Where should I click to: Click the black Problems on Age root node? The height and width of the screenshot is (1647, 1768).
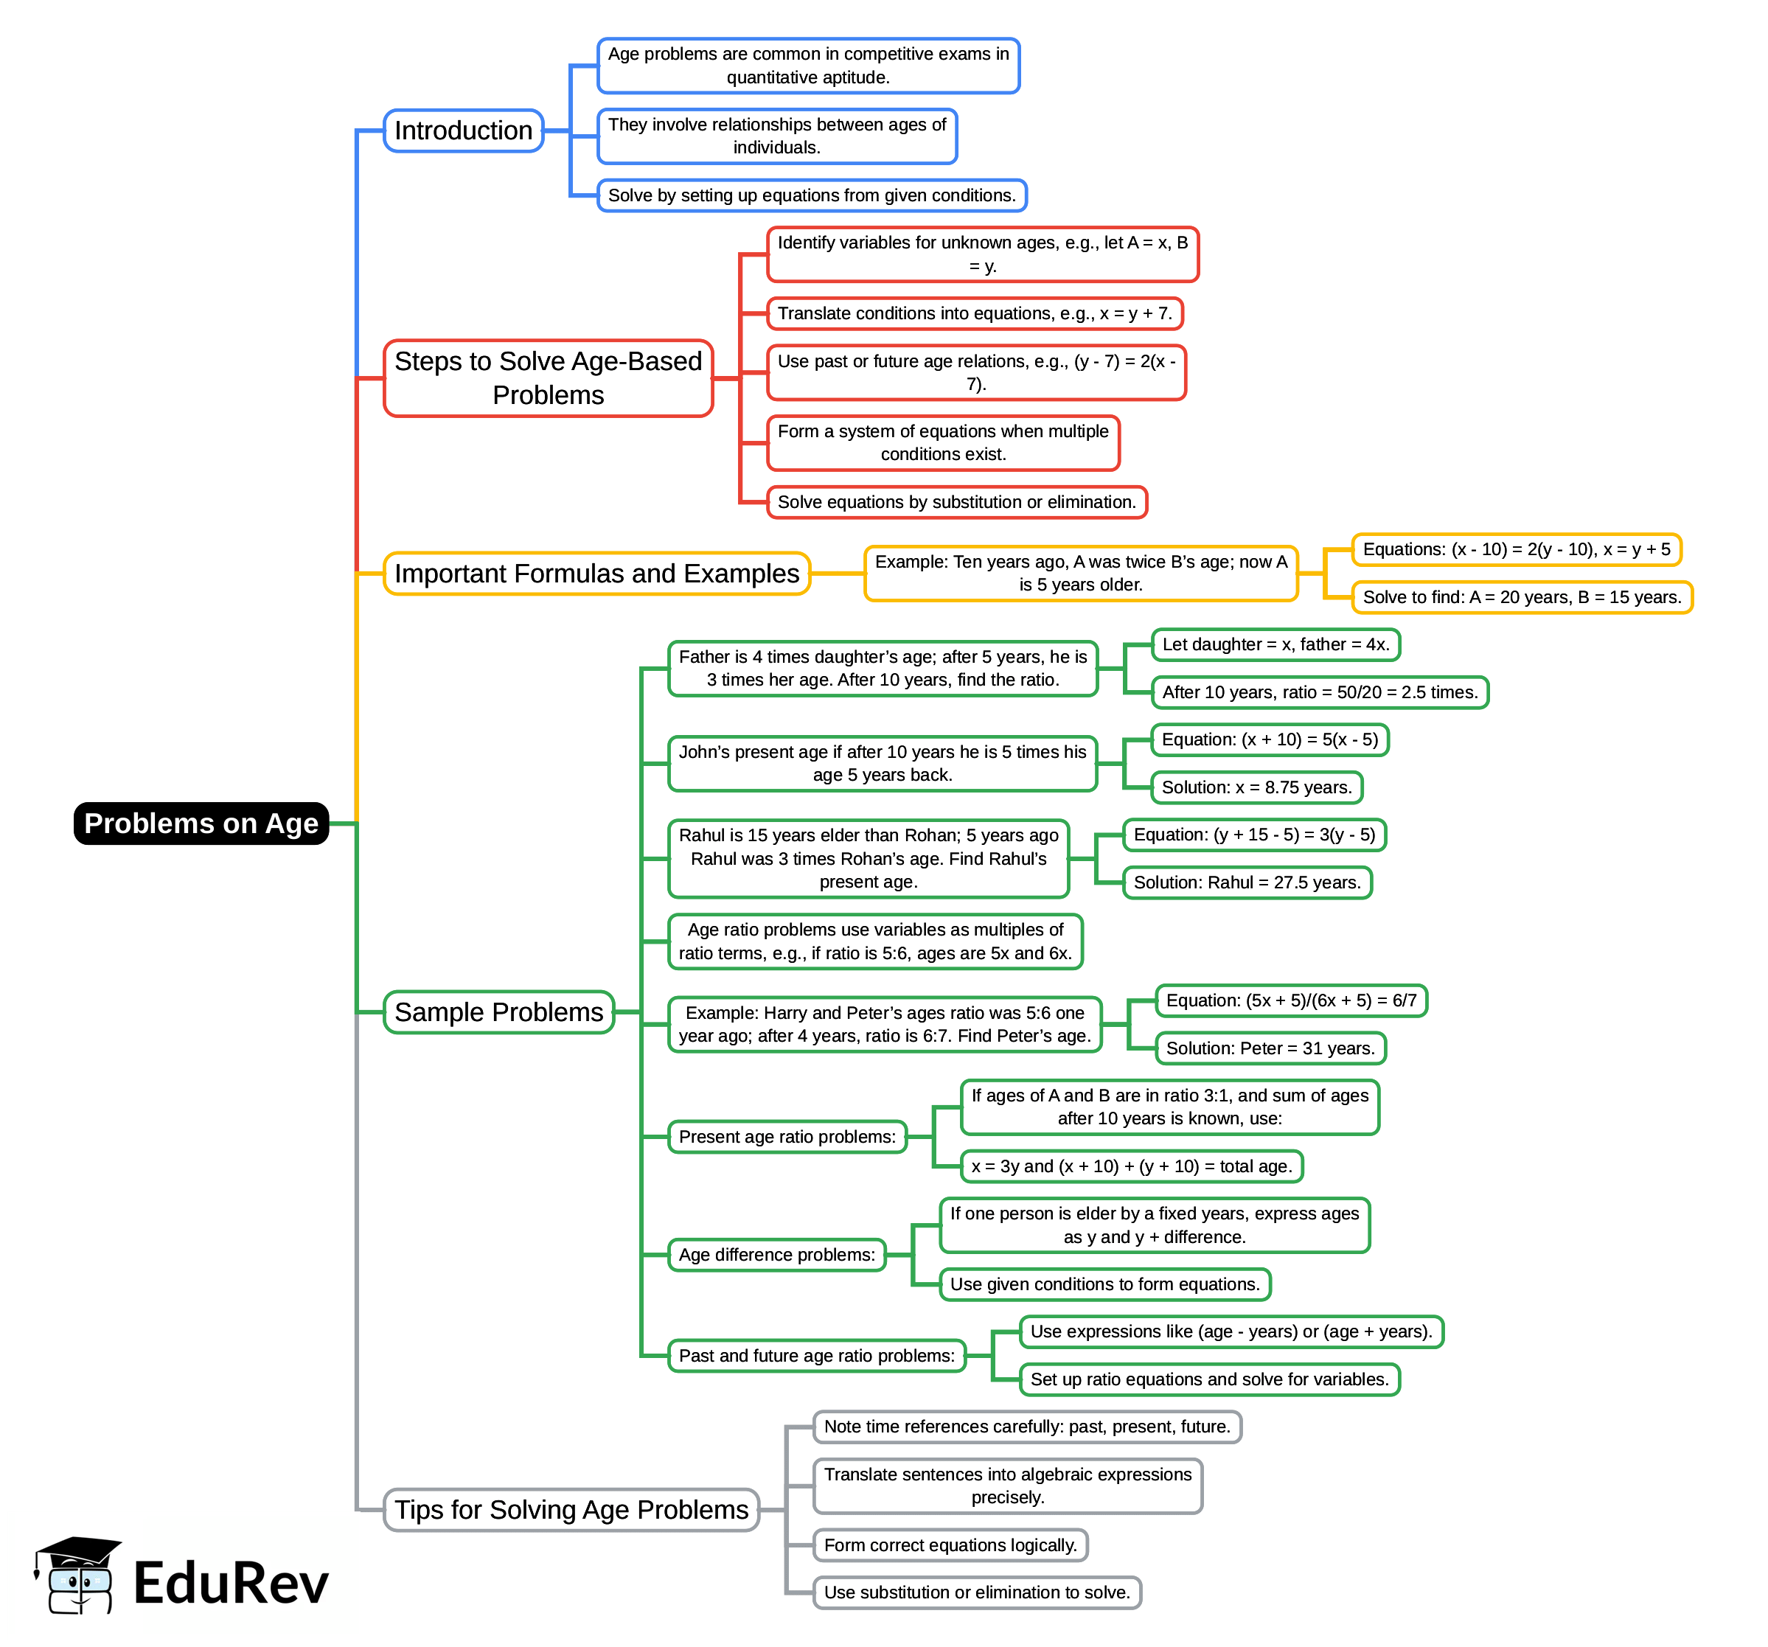tap(201, 823)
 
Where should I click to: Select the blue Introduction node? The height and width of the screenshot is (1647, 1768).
tap(462, 130)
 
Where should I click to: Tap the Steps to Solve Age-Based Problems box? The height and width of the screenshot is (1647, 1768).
tap(548, 378)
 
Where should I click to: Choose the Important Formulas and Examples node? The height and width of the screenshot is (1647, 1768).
tap(596, 574)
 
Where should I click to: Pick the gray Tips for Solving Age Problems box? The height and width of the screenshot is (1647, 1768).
tap(571, 1509)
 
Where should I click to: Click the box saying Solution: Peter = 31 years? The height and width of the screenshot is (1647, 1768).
tap(1270, 1048)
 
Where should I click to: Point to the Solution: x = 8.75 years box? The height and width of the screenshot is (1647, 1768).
tap(1256, 787)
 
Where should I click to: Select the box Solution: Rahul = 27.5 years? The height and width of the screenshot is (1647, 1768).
tap(1247, 882)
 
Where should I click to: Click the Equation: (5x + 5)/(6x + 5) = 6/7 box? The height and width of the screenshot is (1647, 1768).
tap(1290, 1000)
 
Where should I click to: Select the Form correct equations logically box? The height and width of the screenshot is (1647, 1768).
tap(950, 1545)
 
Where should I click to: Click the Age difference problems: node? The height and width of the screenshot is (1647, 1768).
tap(776, 1254)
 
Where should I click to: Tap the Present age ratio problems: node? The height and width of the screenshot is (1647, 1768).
tap(787, 1137)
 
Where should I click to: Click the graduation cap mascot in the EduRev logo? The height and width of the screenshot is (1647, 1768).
tap(78, 1574)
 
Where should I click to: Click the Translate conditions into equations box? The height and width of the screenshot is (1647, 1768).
tap(975, 313)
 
